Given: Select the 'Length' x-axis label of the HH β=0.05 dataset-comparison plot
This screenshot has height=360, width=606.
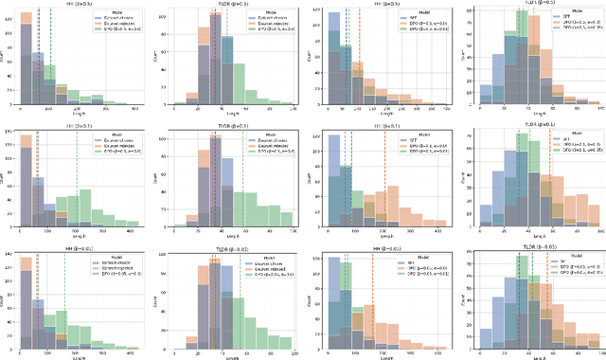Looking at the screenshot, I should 76,355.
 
